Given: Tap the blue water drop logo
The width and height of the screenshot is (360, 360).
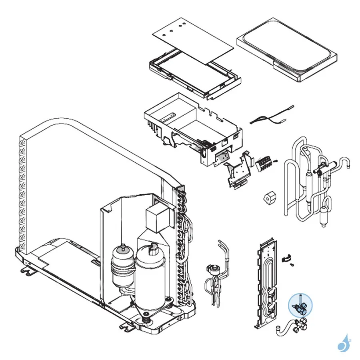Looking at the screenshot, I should (x=343, y=344).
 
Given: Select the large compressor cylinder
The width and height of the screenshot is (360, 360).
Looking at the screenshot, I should (x=150, y=280).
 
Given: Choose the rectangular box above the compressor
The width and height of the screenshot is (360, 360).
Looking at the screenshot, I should (x=157, y=218).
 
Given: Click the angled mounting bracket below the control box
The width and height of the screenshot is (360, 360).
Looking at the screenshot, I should (x=239, y=170).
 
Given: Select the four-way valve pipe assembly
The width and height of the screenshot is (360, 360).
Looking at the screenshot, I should (x=312, y=180).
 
